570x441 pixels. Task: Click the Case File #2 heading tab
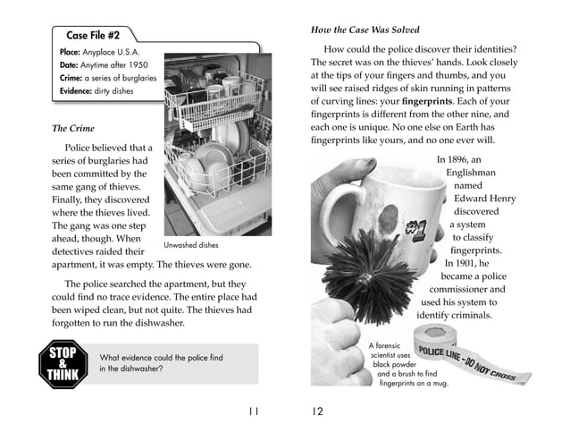pos(94,35)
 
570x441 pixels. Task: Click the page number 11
pos(253,412)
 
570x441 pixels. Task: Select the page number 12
pos(317,412)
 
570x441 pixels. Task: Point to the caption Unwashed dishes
pos(190,244)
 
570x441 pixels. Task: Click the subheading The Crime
pos(73,128)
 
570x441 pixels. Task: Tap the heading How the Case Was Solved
pos(365,30)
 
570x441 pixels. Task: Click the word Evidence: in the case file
pos(78,91)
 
